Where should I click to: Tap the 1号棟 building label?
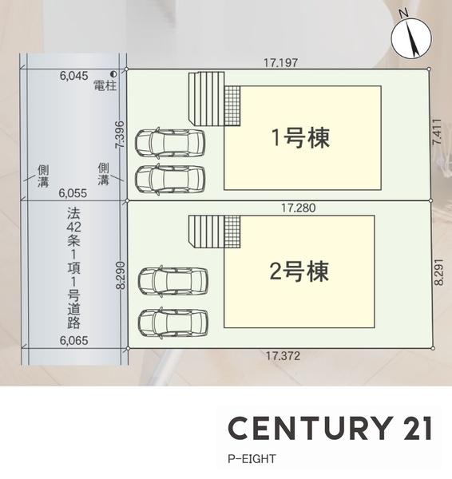click(300, 137)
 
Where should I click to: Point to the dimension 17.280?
click(299, 208)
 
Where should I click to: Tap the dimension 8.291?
click(438, 272)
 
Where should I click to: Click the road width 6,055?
click(74, 193)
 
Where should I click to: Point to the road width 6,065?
click(74, 340)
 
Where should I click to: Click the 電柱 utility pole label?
click(105, 85)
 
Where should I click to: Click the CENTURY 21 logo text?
click(330, 428)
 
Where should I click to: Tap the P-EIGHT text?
click(252, 460)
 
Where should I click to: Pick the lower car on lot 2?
click(172, 323)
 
